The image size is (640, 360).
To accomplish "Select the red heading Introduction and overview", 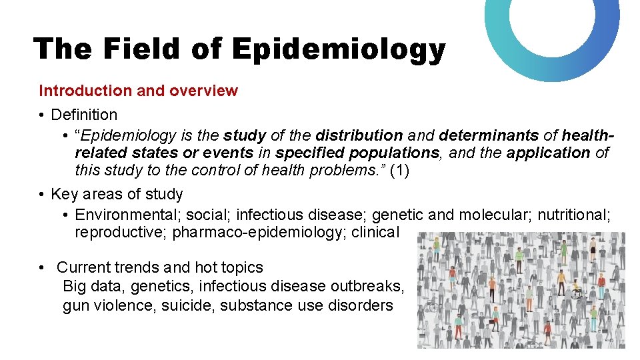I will [x=138, y=91].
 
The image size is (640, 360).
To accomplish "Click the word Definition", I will [x=84, y=115].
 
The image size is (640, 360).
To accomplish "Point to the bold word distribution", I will [x=359, y=135].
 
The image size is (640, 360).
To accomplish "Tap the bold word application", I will [x=548, y=153].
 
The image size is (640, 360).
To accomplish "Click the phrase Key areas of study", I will [x=117, y=194].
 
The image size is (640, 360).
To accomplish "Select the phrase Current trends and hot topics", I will [x=159, y=267].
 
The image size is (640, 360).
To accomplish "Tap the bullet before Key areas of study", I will [x=41, y=194].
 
